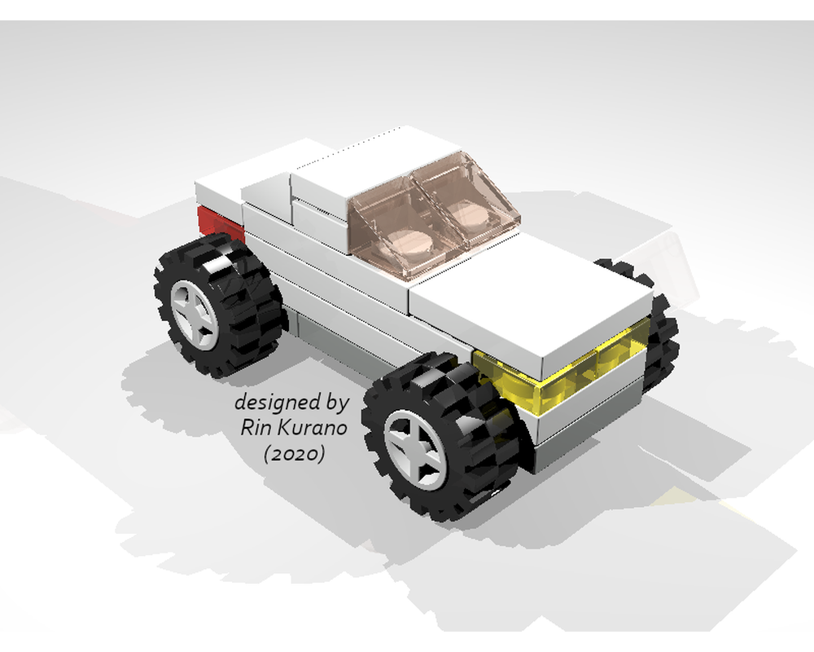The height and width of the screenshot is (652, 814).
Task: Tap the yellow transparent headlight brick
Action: (562, 375)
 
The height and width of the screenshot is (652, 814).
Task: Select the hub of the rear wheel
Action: (196, 315)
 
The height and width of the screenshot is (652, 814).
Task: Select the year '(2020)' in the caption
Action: (294, 454)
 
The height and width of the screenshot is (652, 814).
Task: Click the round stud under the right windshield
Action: (468, 216)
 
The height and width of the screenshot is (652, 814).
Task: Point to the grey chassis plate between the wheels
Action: (342, 334)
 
